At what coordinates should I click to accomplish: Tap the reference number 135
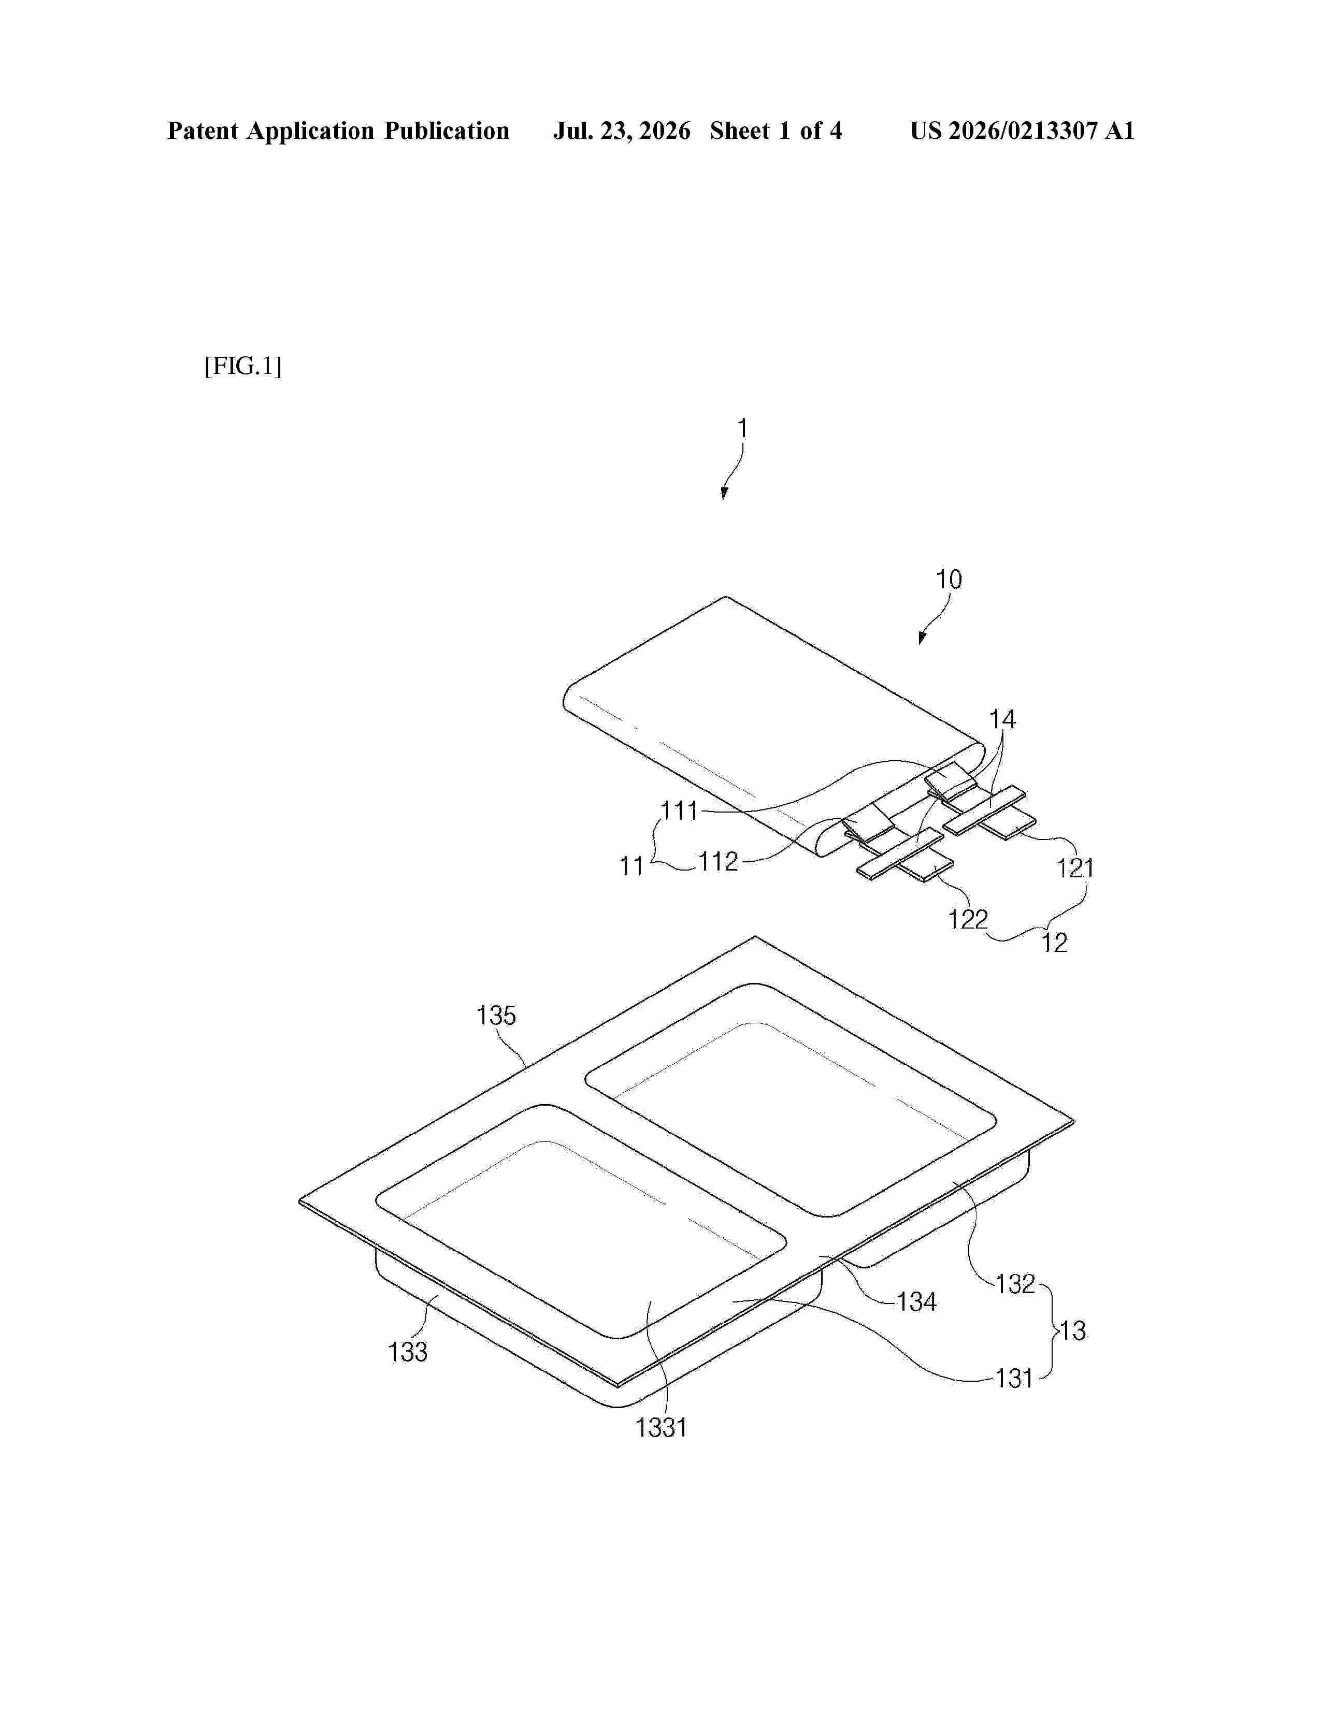[496, 1016]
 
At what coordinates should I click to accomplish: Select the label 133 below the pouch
[408, 1351]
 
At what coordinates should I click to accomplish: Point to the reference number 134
[916, 1302]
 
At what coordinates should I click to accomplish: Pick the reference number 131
[1014, 1378]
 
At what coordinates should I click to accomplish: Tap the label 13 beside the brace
[1072, 1330]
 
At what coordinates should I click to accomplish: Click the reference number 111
[679, 810]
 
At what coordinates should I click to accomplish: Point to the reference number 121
[1075, 868]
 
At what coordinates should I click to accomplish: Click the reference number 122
[968, 919]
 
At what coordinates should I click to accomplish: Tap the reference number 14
[1002, 719]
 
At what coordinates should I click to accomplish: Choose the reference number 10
[949, 580]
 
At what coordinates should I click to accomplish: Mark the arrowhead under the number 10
[923, 638]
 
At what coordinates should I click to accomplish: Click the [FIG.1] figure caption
[242, 366]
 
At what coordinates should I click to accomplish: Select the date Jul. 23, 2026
[622, 131]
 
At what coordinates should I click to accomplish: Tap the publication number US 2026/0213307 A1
[1022, 131]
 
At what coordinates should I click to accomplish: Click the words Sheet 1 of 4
[776, 131]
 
